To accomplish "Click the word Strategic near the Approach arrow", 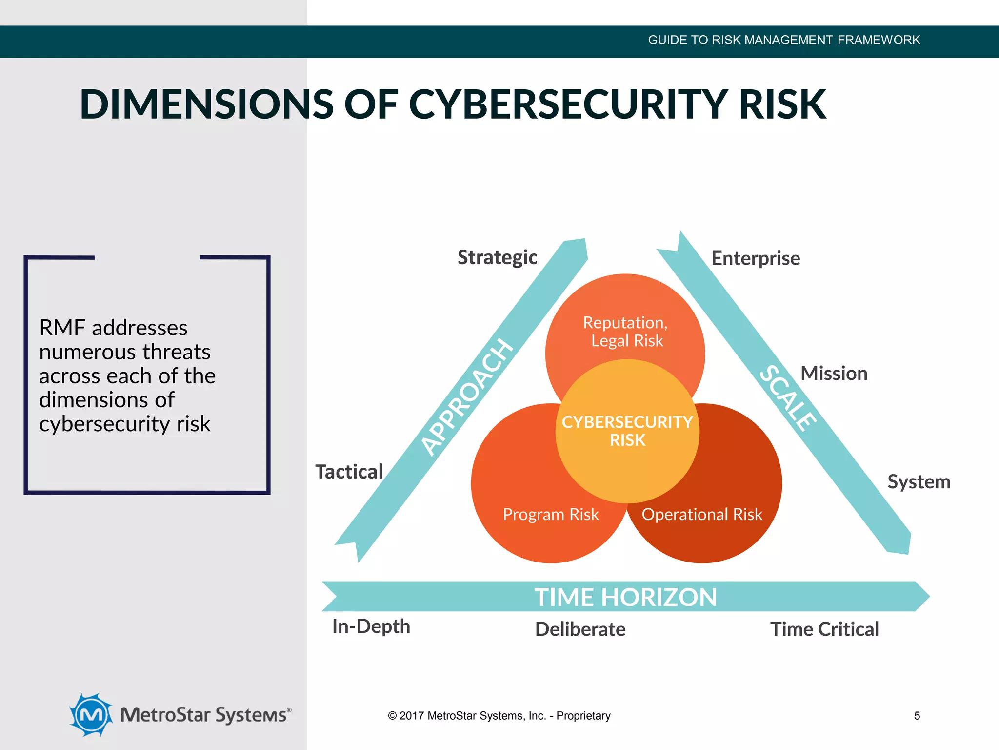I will tap(497, 257).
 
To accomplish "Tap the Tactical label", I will tap(349, 472).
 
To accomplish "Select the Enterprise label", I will tap(756, 258).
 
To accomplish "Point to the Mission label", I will tap(834, 374).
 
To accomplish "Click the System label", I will tap(919, 482).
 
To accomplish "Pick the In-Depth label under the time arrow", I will tap(371, 626).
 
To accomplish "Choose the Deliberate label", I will tap(580, 629).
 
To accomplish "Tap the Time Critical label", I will tap(824, 629).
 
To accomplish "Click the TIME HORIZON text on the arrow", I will tap(625, 597).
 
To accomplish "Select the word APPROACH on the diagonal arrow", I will tap(467, 397).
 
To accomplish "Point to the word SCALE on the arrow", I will tap(788, 398).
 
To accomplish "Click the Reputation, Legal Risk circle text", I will tap(626, 332).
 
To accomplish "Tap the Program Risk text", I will tap(551, 514).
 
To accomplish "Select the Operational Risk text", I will tap(702, 514).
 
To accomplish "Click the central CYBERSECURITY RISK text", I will tap(627, 431).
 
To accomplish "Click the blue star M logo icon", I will tap(91, 715).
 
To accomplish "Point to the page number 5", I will tap(917, 716).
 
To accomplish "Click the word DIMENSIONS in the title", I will tap(207, 104).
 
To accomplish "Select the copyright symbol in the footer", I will tap(392, 716).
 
